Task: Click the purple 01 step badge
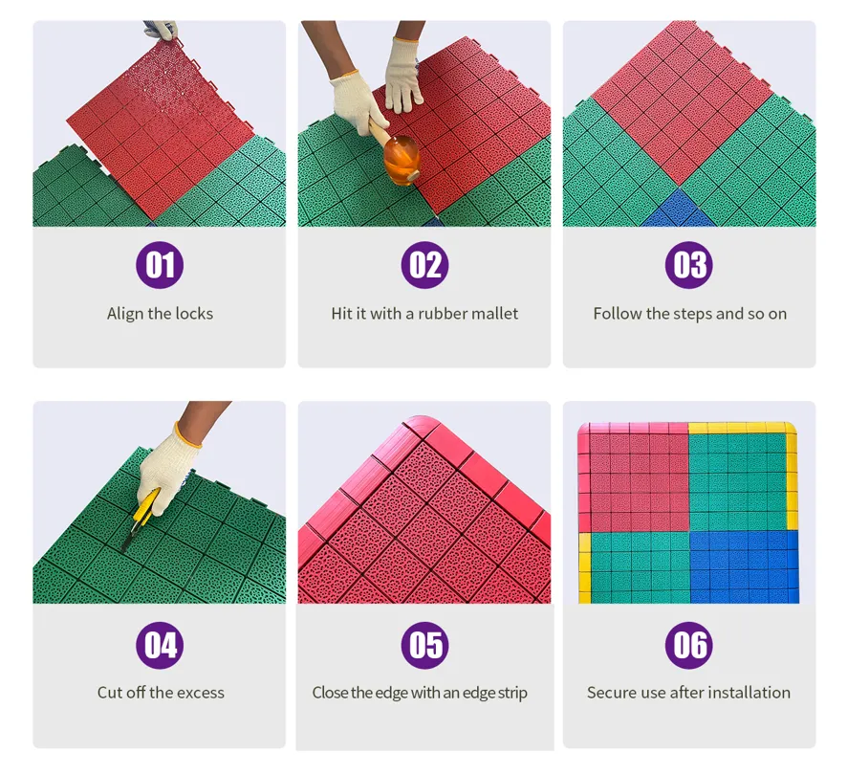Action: [160, 265]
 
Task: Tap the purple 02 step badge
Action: [424, 265]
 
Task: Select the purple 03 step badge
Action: [689, 265]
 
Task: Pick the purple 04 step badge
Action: [160, 646]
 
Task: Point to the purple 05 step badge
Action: [424, 646]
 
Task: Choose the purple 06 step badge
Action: [689, 646]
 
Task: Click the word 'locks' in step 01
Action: [195, 314]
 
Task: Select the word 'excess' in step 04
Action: [201, 692]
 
